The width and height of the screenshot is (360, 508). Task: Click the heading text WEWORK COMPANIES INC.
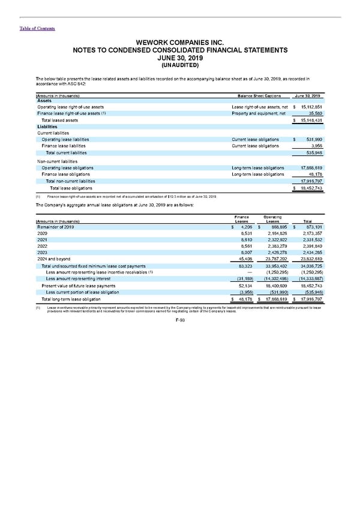[179, 43]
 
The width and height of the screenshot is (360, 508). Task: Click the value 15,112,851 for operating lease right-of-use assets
[310, 107]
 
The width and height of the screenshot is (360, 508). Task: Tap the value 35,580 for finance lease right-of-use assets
[314, 113]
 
